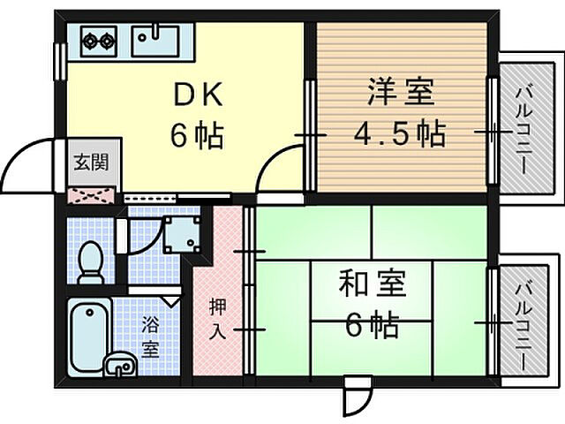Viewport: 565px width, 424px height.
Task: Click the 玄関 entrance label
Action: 91,163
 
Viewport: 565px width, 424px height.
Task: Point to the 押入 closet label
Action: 218,318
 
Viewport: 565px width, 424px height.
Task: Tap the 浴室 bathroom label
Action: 151,336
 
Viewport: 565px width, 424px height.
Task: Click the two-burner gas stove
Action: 100,40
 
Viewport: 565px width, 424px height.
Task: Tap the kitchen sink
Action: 155,40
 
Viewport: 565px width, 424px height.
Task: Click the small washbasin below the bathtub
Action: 119,364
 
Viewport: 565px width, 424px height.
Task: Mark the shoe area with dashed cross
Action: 91,195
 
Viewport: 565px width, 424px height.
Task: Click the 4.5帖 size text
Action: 399,134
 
